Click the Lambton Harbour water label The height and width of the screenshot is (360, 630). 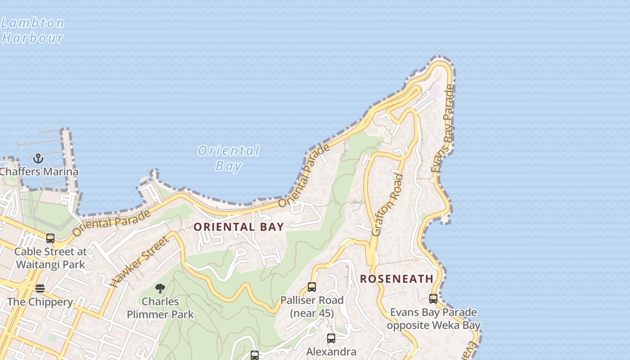click(x=32, y=30)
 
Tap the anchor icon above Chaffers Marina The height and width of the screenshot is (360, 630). click(x=38, y=158)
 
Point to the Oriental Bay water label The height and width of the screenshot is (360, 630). click(x=229, y=158)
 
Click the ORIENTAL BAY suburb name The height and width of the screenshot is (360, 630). click(x=238, y=227)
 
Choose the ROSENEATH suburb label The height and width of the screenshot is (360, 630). click(x=396, y=279)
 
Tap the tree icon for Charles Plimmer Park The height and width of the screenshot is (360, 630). click(x=160, y=288)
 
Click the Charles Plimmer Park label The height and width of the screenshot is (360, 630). click(x=160, y=308)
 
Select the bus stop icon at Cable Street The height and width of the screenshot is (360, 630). click(x=50, y=238)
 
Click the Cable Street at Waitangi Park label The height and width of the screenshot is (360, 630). click(x=50, y=258)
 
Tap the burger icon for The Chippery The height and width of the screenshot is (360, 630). click(x=40, y=288)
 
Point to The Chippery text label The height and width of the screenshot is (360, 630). click(x=40, y=302)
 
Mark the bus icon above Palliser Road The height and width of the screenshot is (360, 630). click(x=311, y=287)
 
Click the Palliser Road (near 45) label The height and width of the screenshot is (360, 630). click(x=311, y=306)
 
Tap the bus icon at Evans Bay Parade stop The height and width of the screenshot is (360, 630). click(x=433, y=298)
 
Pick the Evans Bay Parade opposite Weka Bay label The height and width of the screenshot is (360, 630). click(x=433, y=319)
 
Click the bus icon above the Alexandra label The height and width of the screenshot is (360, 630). click(x=331, y=338)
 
